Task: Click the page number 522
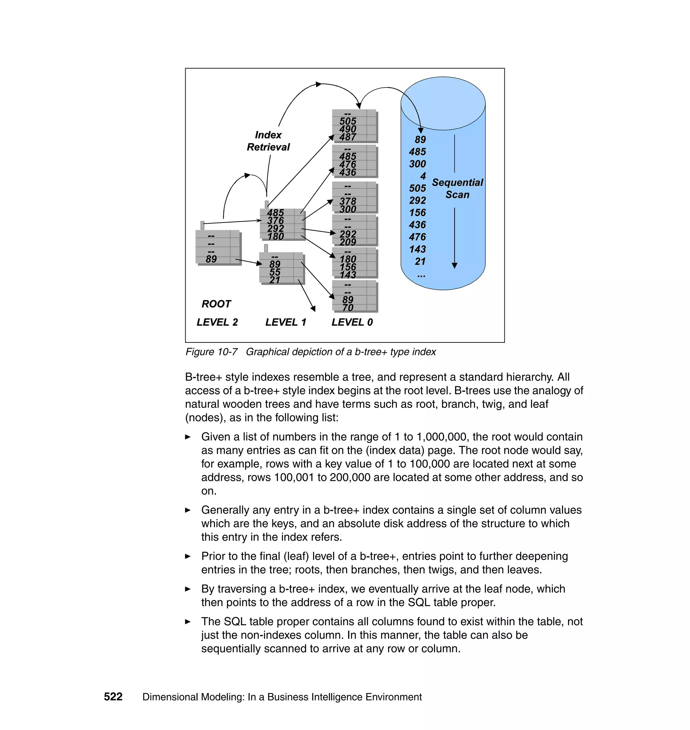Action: point(113,697)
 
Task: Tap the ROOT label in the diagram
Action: point(216,304)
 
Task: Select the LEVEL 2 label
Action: point(217,322)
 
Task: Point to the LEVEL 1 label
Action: point(285,322)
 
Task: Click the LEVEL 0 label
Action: point(352,322)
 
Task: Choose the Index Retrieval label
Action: point(268,141)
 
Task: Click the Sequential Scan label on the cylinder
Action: point(457,189)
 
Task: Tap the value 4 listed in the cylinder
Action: point(423,176)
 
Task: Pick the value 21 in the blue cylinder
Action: point(420,261)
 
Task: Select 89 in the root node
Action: point(211,259)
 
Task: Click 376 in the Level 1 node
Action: point(276,221)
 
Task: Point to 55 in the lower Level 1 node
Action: point(275,272)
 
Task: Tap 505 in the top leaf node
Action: point(348,121)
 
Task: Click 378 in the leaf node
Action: point(348,201)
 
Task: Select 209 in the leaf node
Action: point(348,242)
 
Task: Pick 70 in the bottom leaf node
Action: point(348,308)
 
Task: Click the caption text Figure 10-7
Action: point(212,352)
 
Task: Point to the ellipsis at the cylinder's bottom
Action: point(421,275)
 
